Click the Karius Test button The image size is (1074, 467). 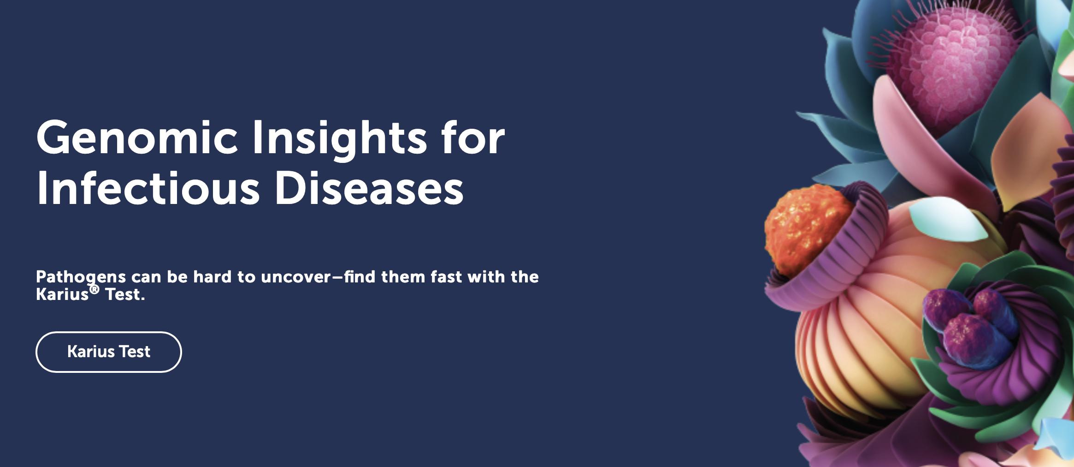pos(109,352)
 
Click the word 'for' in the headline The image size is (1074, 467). pos(473,138)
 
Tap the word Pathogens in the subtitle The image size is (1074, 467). pos(81,278)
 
